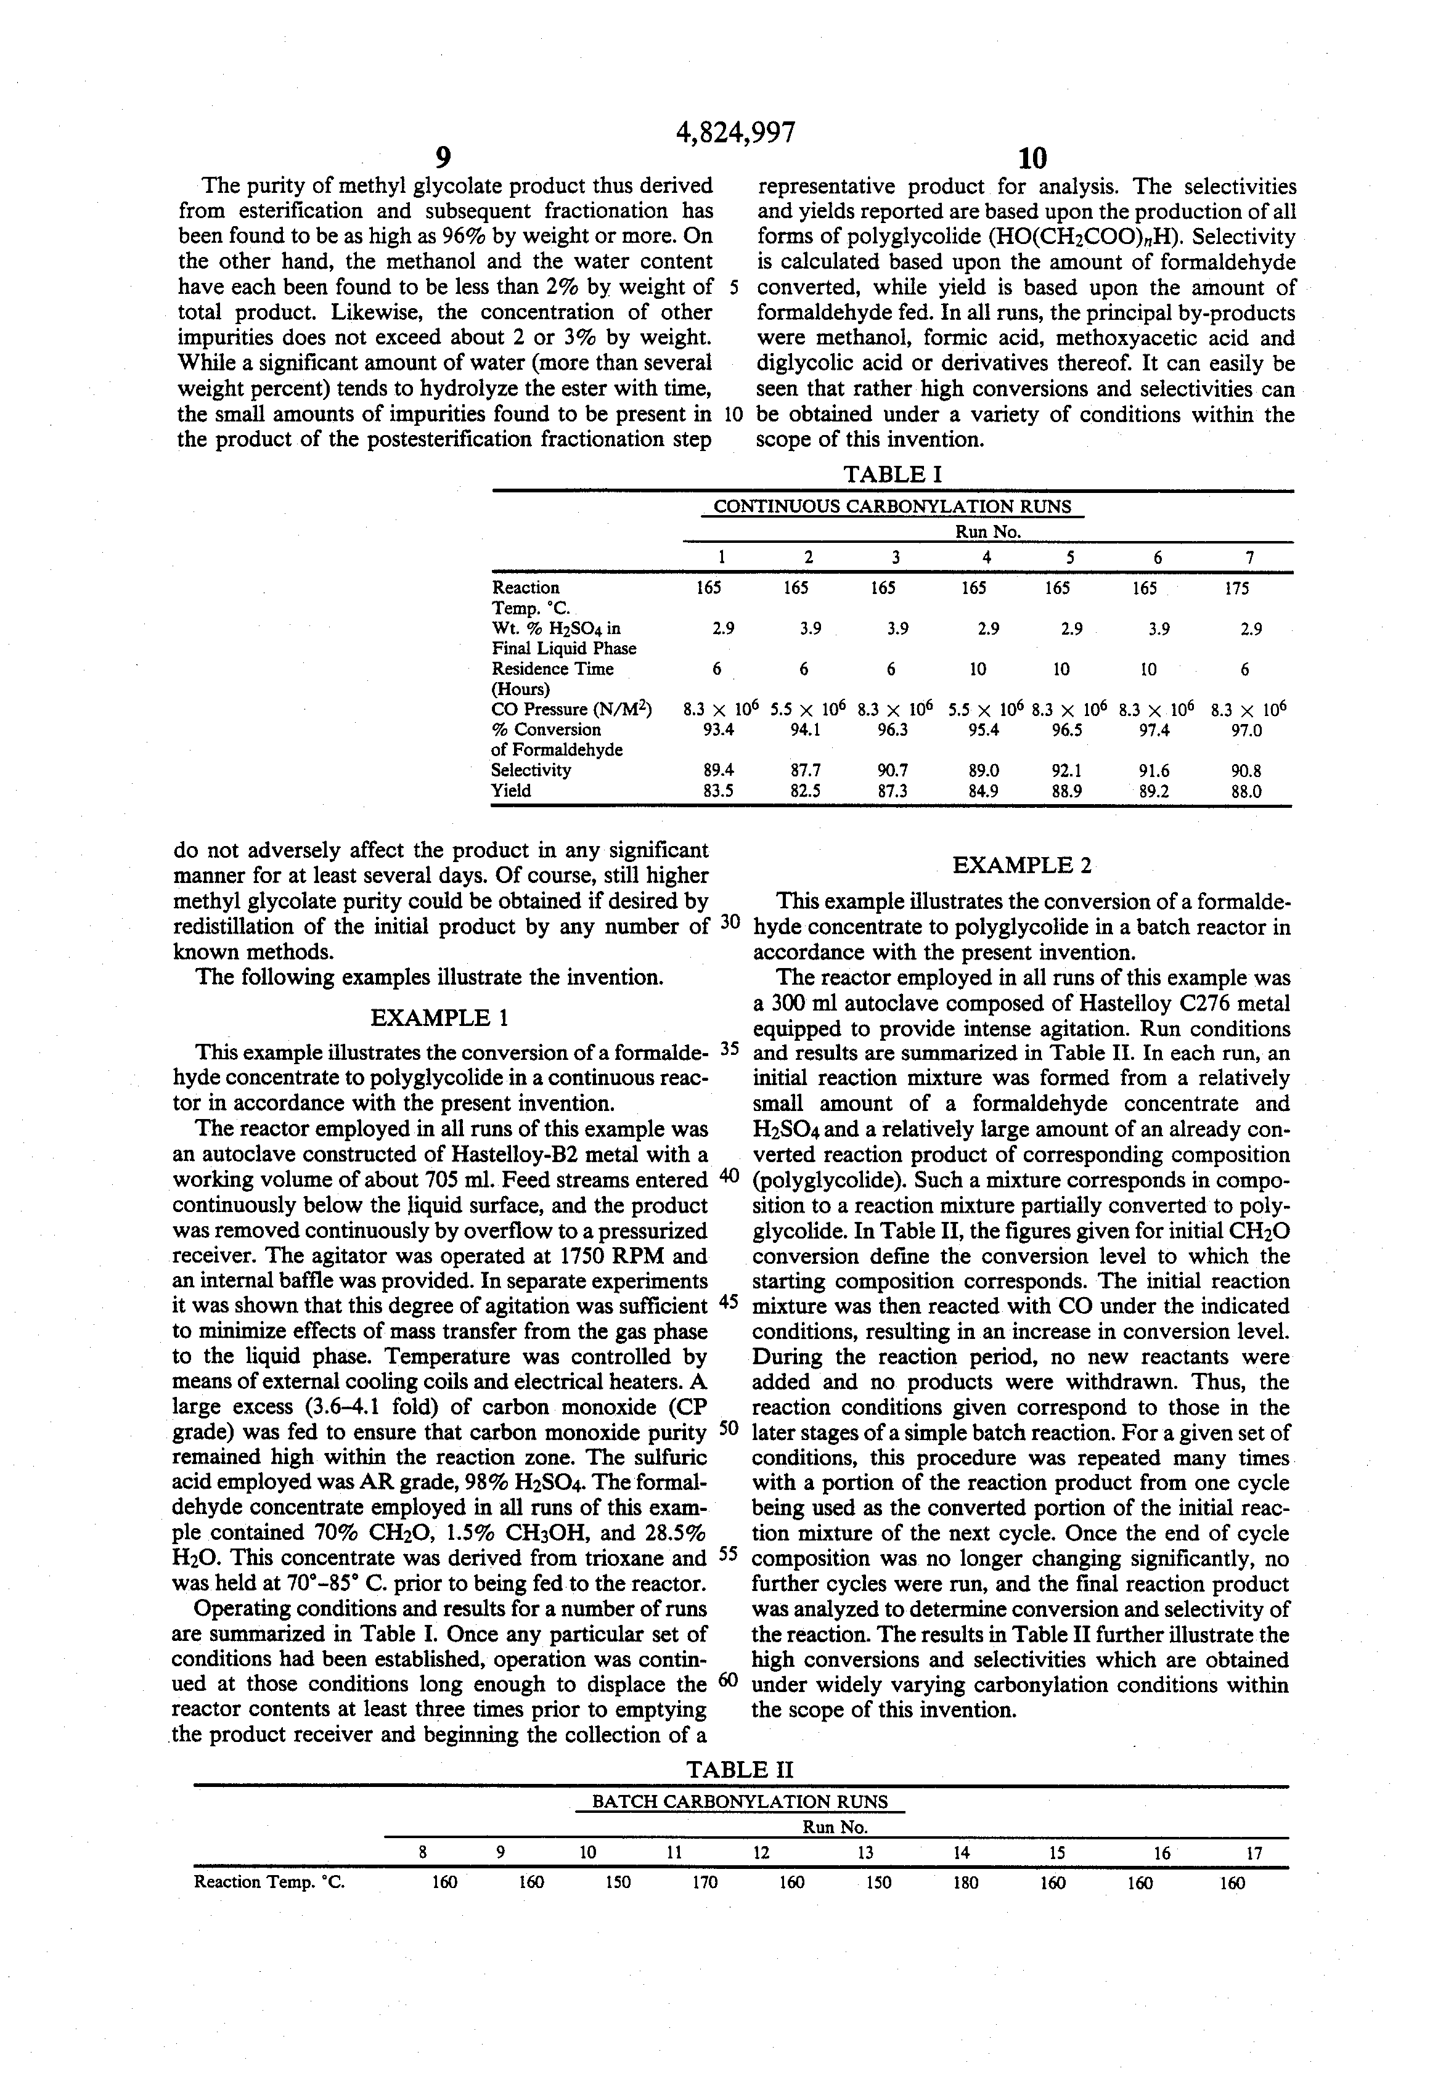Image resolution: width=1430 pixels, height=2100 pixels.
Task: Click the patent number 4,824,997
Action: point(736,133)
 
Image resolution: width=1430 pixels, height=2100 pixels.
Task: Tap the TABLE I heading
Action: point(892,474)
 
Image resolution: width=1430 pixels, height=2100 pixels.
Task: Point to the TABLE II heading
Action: point(740,1769)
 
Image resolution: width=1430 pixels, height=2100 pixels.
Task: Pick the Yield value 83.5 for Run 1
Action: point(719,791)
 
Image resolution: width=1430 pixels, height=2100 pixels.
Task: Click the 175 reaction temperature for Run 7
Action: point(1236,588)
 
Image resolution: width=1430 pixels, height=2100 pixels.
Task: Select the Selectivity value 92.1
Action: point(1068,771)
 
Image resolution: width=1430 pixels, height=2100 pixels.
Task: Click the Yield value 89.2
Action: point(1149,791)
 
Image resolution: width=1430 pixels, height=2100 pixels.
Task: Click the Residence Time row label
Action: point(552,670)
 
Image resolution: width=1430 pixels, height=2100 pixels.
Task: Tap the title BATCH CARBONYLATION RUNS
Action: point(740,1802)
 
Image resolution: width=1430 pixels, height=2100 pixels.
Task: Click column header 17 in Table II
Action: point(1254,1854)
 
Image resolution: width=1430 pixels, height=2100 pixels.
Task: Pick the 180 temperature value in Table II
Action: point(965,1883)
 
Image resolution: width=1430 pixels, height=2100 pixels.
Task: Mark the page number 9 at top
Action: point(443,159)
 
